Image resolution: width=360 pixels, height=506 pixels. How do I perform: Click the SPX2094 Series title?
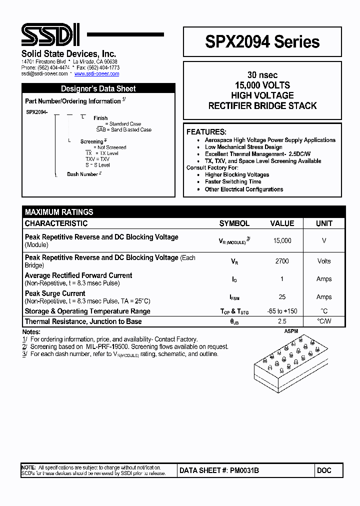[x=262, y=42]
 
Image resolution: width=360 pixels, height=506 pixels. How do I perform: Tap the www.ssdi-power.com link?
[x=96, y=73]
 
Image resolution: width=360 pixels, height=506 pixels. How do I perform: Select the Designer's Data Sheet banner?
[x=98, y=88]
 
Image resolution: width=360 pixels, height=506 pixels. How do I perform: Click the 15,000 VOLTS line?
[x=262, y=85]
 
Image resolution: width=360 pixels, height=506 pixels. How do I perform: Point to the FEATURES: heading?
[x=206, y=132]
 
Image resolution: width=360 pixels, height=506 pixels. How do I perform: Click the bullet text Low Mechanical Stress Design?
[x=243, y=147]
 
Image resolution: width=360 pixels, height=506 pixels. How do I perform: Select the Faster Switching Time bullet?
[x=232, y=182]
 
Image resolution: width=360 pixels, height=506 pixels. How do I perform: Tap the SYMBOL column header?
[x=234, y=223]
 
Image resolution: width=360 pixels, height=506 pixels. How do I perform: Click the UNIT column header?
[x=324, y=223]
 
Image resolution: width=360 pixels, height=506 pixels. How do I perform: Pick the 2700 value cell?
[x=282, y=261]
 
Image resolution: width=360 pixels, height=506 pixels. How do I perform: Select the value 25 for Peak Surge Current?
[x=282, y=297]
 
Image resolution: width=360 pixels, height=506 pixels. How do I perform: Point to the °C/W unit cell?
[x=324, y=321]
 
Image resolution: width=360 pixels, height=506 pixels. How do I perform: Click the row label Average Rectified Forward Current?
[x=78, y=275]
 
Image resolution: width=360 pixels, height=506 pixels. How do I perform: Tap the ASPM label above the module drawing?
[x=291, y=331]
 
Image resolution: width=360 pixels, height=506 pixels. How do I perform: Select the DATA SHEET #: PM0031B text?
[x=219, y=470]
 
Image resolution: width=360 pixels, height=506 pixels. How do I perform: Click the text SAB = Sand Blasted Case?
[x=123, y=129]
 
